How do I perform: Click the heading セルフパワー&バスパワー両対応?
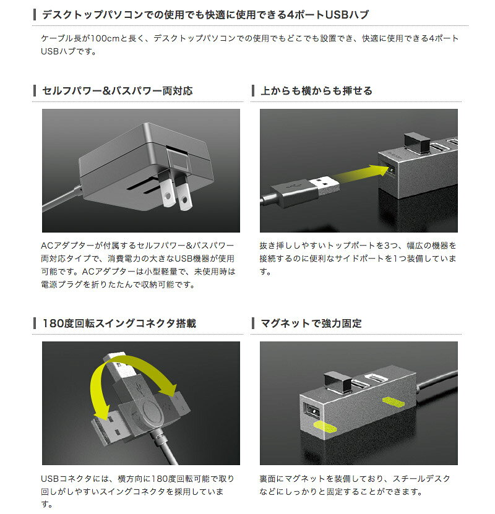click(118, 91)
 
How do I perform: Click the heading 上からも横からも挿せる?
click(316, 91)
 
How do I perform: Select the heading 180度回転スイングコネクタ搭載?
click(119, 323)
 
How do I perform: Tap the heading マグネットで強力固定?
click(311, 323)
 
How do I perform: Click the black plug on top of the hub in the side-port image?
click(417, 143)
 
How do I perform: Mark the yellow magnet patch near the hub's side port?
click(325, 426)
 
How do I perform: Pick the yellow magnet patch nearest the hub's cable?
click(394, 401)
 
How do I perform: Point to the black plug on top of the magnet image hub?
click(338, 382)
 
